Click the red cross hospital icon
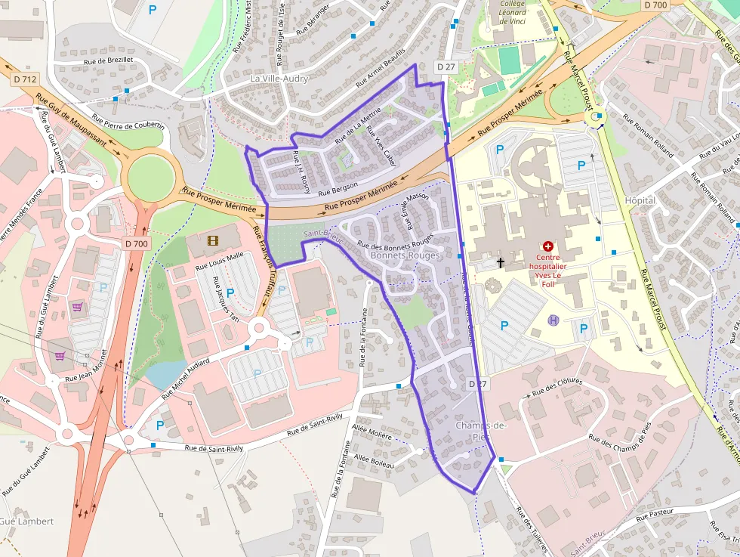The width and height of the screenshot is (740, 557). [548, 246]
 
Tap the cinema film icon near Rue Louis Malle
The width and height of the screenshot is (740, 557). [212, 241]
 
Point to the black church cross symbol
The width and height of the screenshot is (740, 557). [500, 262]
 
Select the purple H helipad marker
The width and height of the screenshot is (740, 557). [553, 320]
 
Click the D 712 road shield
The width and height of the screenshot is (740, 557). [25, 79]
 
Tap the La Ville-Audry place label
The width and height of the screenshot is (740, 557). [279, 79]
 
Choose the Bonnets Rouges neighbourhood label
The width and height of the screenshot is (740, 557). [405, 255]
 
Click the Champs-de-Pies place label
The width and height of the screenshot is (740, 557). [481, 431]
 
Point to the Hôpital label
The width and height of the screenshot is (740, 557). [640, 200]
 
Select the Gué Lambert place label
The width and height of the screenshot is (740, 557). [26, 521]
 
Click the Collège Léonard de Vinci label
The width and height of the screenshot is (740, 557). [512, 13]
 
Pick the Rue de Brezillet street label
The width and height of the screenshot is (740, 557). [109, 60]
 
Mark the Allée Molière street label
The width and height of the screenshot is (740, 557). [372, 435]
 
